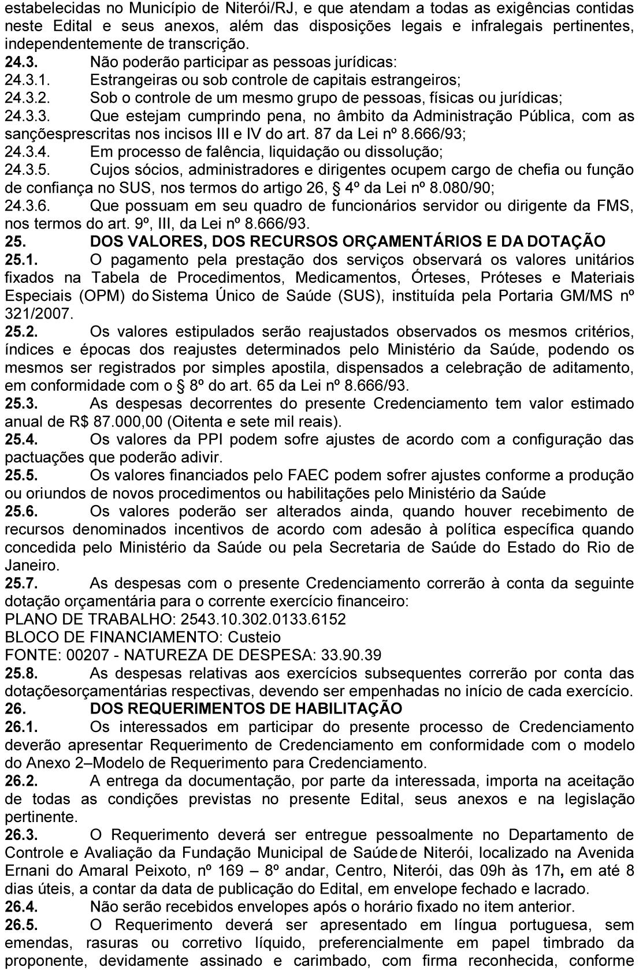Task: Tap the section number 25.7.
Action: tap(21, 583)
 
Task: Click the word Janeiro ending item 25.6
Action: tap(31, 565)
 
